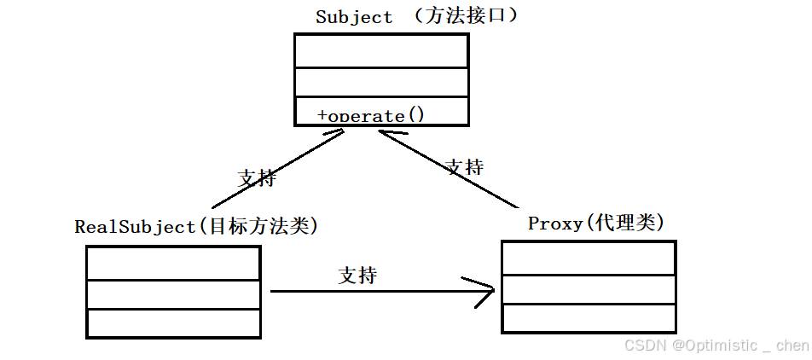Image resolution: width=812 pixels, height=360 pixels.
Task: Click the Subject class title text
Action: point(354,16)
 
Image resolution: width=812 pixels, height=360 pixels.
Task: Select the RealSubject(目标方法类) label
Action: point(196,226)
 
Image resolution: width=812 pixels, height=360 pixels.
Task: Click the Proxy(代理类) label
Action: point(595,223)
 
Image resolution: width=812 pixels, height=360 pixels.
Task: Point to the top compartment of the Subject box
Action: point(381,51)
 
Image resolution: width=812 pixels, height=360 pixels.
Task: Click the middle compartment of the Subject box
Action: point(381,83)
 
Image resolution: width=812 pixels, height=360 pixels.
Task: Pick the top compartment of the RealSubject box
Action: point(173,263)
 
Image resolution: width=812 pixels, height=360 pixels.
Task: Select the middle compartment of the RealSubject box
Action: point(173,294)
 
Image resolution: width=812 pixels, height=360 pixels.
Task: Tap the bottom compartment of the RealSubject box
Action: point(173,323)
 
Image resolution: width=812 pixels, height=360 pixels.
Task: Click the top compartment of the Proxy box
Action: point(589,258)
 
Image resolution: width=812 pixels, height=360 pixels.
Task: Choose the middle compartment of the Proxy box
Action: point(589,289)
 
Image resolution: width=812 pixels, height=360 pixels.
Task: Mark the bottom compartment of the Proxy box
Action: point(589,317)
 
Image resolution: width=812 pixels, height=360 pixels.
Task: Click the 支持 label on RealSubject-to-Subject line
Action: point(257,177)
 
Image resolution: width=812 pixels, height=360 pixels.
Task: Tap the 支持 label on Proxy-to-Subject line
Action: point(464,166)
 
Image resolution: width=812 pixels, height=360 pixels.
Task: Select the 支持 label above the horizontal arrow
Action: point(357,276)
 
